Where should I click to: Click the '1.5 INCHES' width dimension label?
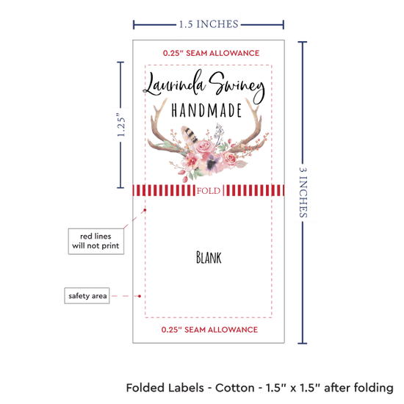(x=209, y=24)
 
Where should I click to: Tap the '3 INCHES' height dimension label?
(x=303, y=192)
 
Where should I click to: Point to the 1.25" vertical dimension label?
(x=121, y=125)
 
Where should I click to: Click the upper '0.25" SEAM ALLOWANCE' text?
(x=211, y=53)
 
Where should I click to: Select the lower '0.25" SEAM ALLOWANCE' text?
(x=209, y=330)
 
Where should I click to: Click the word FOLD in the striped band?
(x=209, y=191)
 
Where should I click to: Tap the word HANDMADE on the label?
(x=206, y=110)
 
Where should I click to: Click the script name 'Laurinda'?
(x=174, y=83)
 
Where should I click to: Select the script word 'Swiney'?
(x=237, y=87)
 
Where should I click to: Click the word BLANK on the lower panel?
(x=209, y=257)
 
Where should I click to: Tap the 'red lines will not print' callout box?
(x=95, y=241)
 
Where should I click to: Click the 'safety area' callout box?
(x=87, y=295)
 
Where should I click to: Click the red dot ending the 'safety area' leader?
(x=140, y=296)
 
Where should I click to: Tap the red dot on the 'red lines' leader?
(x=145, y=210)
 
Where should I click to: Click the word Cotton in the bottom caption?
(x=234, y=388)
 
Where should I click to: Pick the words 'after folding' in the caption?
(x=358, y=388)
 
